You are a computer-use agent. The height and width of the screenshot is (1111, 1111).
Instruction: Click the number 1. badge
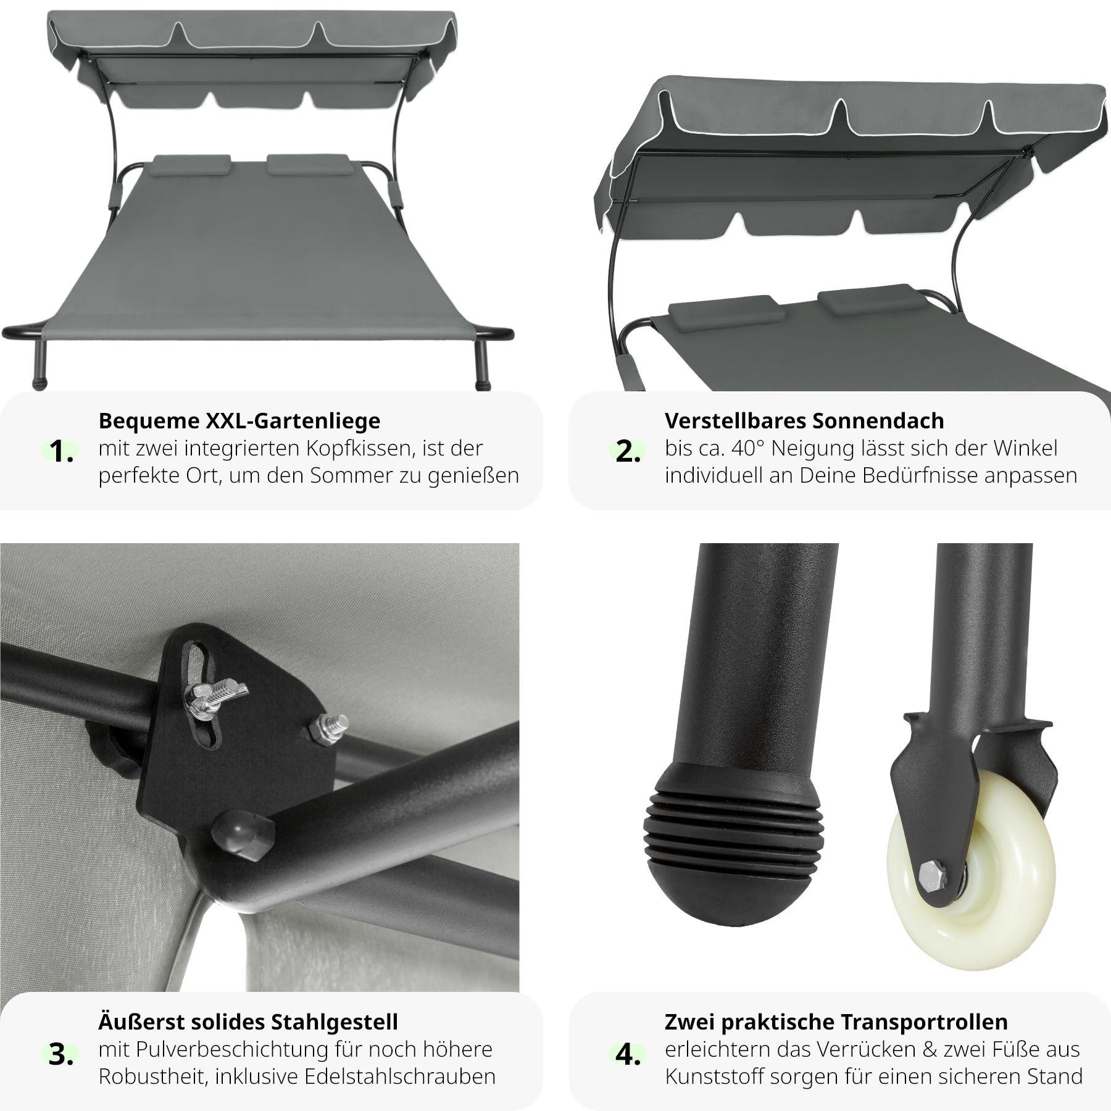coord(62,452)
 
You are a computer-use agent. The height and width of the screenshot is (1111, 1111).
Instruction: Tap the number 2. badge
coord(628,452)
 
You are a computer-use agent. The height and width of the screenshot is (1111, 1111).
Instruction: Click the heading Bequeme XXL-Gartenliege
coord(239,420)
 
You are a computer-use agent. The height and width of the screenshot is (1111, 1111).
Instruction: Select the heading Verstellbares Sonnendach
coord(804,420)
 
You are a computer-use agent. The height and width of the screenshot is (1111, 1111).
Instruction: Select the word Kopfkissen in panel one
coord(356,449)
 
